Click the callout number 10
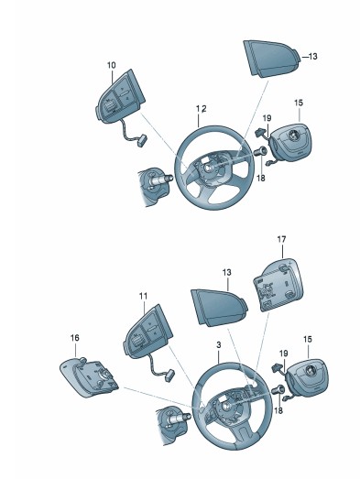coord(112,65)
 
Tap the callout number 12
coord(202,109)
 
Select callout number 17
coord(281,239)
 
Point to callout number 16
coord(74,338)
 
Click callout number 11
coord(143,296)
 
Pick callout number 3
coord(219,345)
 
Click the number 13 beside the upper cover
coord(312,57)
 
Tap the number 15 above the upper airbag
coord(299,103)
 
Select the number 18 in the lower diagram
coord(278,410)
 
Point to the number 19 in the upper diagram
coord(267,118)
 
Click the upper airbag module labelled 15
coord(290,144)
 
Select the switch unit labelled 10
coord(120,97)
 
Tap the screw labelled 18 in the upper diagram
coord(260,151)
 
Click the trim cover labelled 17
coord(278,285)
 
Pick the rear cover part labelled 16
coord(89,377)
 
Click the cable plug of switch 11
coord(169,376)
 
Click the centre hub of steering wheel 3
coord(226,406)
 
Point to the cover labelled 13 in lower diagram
coord(219,307)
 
